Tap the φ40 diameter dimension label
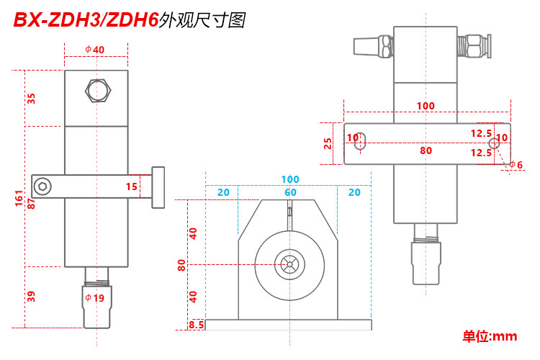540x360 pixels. (x=95, y=49)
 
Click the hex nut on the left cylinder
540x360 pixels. (x=96, y=91)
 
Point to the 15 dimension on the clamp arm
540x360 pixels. (x=132, y=186)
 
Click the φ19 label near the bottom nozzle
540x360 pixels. (x=95, y=297)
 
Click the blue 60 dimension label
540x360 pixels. (x=289, y=192)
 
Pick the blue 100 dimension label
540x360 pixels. (x=289, y=179)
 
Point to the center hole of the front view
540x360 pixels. (x=289, y=264)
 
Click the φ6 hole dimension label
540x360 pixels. (x=516, y=165)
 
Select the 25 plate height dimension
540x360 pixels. (x=328, y=143)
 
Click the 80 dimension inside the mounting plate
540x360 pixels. (x=426, y=151)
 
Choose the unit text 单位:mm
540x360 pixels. (x=490, y=336)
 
